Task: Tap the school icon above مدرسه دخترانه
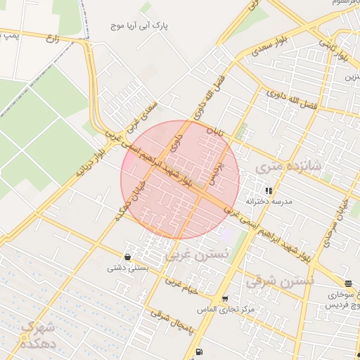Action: coord(268,190)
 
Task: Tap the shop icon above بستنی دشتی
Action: coord(127,257)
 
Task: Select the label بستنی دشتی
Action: coord(127,268)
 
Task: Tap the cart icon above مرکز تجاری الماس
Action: coord(225,299)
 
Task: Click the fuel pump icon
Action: coord(201,352)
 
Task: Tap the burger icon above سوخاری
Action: coord(349,283)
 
